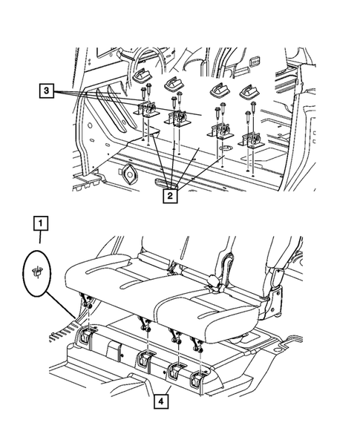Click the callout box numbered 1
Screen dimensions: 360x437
(x=41, y=223)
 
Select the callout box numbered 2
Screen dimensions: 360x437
(x=170, y=196)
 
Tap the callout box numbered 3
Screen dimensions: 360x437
(x=46, y=91)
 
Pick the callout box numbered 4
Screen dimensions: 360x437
(x=161, y=401)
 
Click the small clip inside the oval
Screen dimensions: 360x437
(x=37, y=271)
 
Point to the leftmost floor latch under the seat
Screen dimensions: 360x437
(x=85, y=335)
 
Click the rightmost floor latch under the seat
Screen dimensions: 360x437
(x=197, y=379)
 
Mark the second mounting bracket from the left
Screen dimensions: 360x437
(x=176, y=119)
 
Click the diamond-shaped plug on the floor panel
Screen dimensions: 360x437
(x=128, y=174)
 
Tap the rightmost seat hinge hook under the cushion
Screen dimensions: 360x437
(x=197, y=343)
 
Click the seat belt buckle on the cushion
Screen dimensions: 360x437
(x=216, y=283)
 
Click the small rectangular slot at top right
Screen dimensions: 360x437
(x=255, y=61)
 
